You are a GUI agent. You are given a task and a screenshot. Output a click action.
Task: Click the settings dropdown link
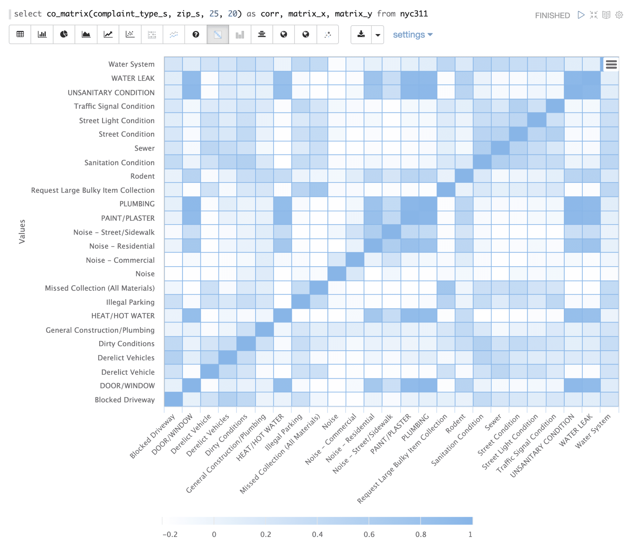pos(412,34)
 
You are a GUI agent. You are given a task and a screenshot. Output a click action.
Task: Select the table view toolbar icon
pos(20,34)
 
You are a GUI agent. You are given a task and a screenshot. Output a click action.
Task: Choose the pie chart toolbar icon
pos(64,34)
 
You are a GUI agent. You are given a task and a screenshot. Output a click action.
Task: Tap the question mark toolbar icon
pos(196,34)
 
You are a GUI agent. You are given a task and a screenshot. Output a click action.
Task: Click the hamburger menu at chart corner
pos(611,65)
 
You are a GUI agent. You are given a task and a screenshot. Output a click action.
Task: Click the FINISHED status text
pos(552,15)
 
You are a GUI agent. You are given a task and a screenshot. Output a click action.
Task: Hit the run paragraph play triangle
pos(581,15)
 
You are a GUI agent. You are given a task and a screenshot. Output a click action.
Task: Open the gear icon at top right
pos(619,15)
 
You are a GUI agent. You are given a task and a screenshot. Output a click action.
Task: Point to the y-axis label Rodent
pos(142,176)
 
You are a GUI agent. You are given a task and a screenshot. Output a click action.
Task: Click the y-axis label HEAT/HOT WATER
pos(123,316)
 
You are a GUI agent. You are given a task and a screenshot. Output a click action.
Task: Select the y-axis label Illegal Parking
pos(130,302)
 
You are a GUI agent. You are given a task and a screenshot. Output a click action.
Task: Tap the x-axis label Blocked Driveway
pos(152,436)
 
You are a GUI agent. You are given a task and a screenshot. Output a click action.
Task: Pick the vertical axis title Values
pos(22,232)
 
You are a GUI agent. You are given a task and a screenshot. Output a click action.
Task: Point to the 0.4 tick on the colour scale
pos(317,534)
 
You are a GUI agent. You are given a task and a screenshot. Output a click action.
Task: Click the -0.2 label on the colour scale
pos(170,534)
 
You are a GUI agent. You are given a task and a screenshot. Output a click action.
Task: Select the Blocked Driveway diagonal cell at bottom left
pos(173,399)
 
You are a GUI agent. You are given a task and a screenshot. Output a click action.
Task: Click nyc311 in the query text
pos(414,14)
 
